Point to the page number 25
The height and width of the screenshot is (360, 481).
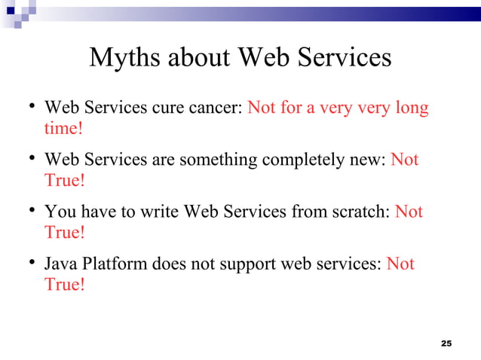[446, 343]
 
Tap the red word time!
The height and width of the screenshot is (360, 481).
[63, 128]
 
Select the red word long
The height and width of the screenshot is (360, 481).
[412, 108]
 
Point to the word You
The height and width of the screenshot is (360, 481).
[59, 212]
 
